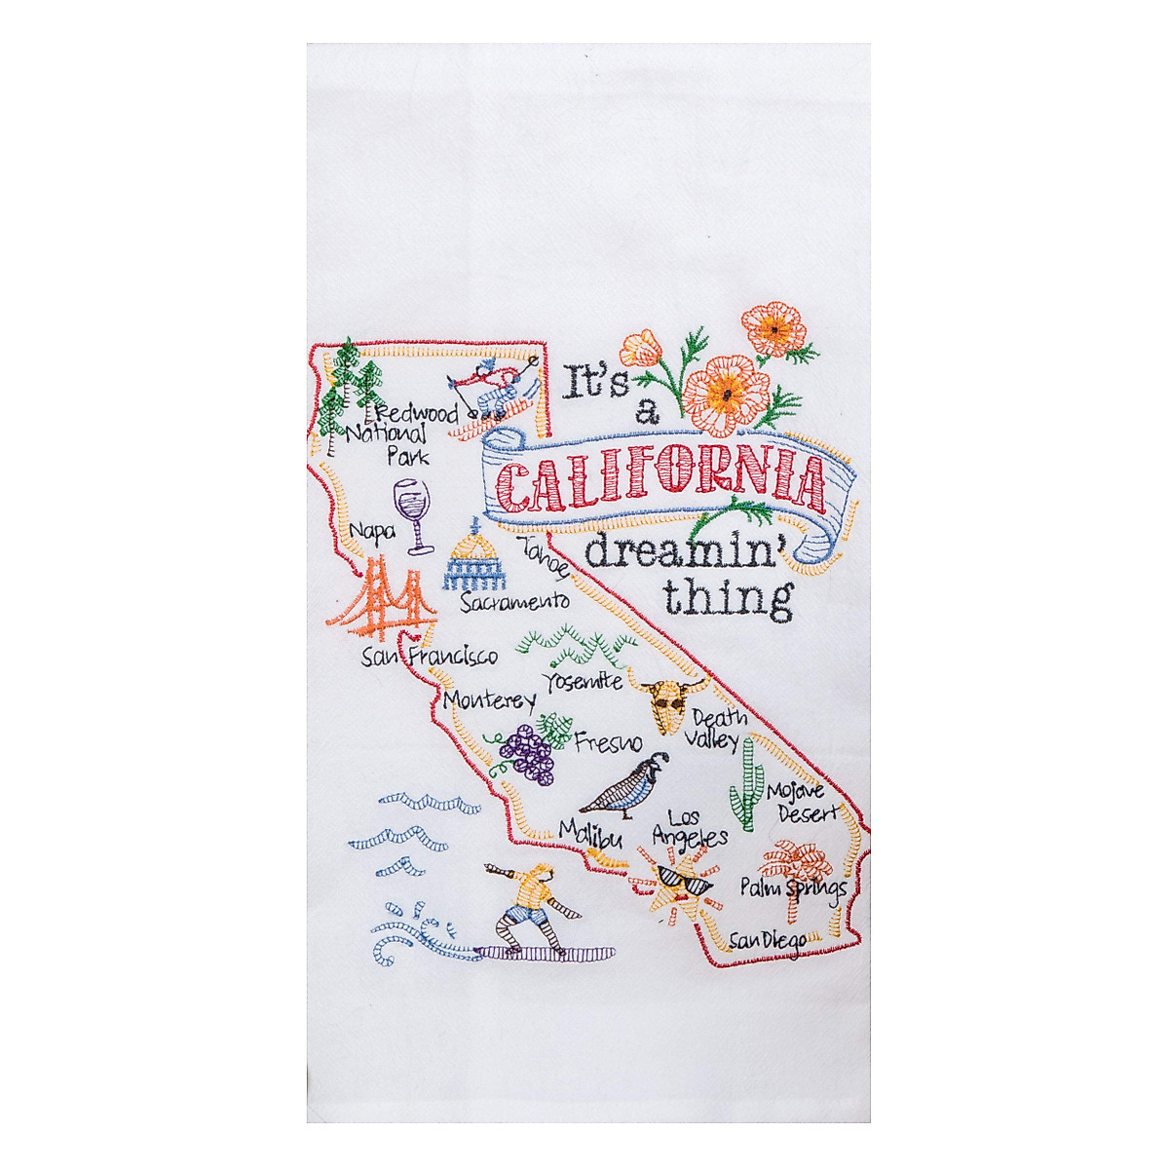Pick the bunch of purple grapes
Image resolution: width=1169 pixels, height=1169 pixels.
coord(526,752)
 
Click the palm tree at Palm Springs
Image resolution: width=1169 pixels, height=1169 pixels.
coord(791,877)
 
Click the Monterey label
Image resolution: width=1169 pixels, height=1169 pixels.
coord(489,700)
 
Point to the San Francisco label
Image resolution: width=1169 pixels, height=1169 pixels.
coord(429,658)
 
